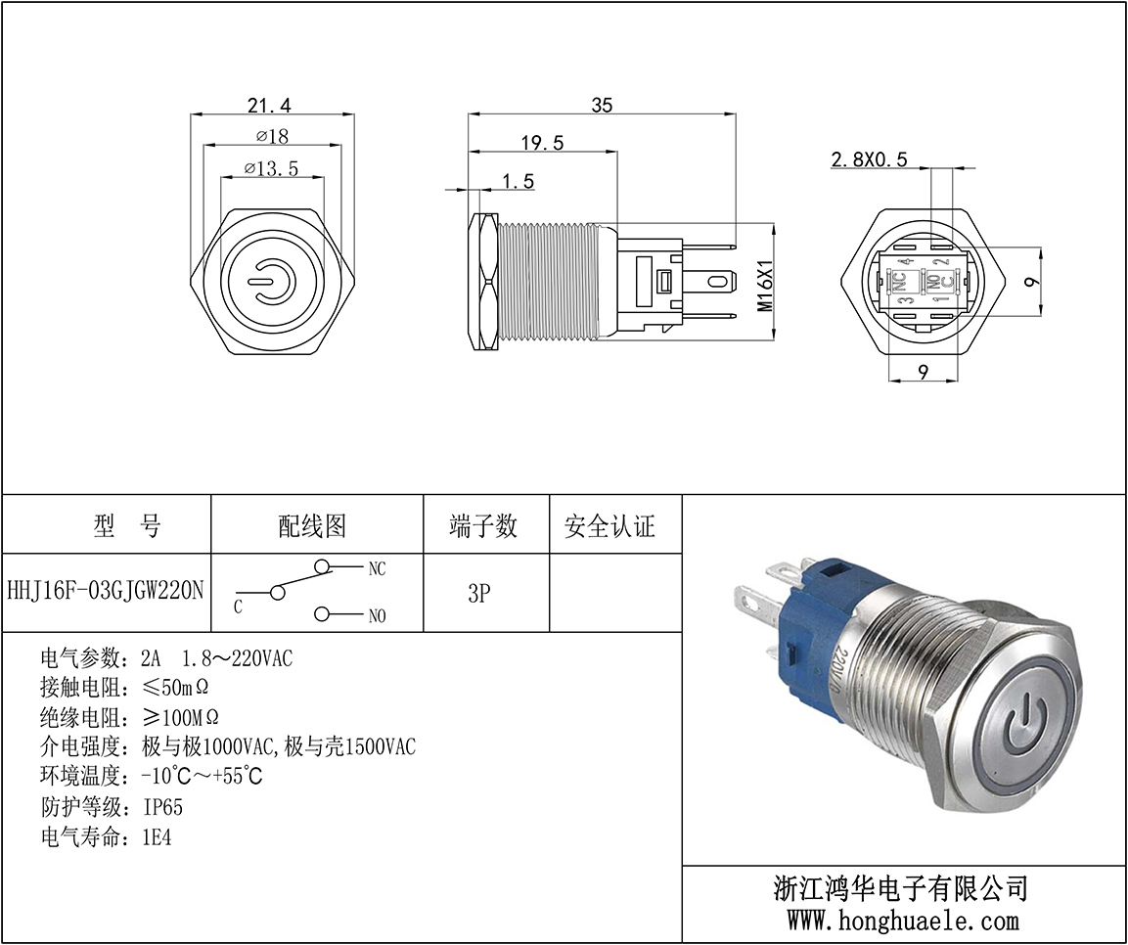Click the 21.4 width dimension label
point(269,105)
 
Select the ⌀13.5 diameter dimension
point(271,168)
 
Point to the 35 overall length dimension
point(602,105)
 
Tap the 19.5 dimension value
point(542,143)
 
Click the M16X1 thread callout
point(765,285)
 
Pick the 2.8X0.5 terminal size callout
point(869,158)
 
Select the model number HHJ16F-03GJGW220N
point(106,591)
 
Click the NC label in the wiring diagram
point(377,569)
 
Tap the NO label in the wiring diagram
point(377,615)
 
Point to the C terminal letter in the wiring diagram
point(238,607)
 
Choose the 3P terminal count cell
point(479,593)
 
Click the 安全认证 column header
point(610,526)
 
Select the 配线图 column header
point(312,526)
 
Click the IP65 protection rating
point(163,807)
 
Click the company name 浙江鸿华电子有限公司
point(901,889)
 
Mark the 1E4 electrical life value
point(158,837)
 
